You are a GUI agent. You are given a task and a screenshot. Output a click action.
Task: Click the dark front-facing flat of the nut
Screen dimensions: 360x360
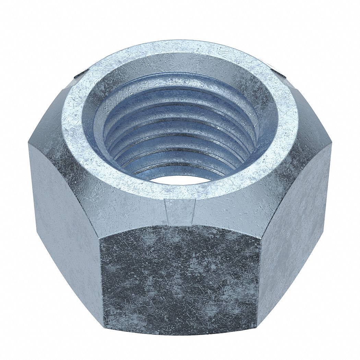click(x=180, y=281)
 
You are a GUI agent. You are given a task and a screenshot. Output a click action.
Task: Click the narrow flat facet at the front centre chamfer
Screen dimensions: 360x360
click(x=180, y=211)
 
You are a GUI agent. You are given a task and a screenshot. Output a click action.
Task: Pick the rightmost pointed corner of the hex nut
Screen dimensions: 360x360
click(x=331, y=144)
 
